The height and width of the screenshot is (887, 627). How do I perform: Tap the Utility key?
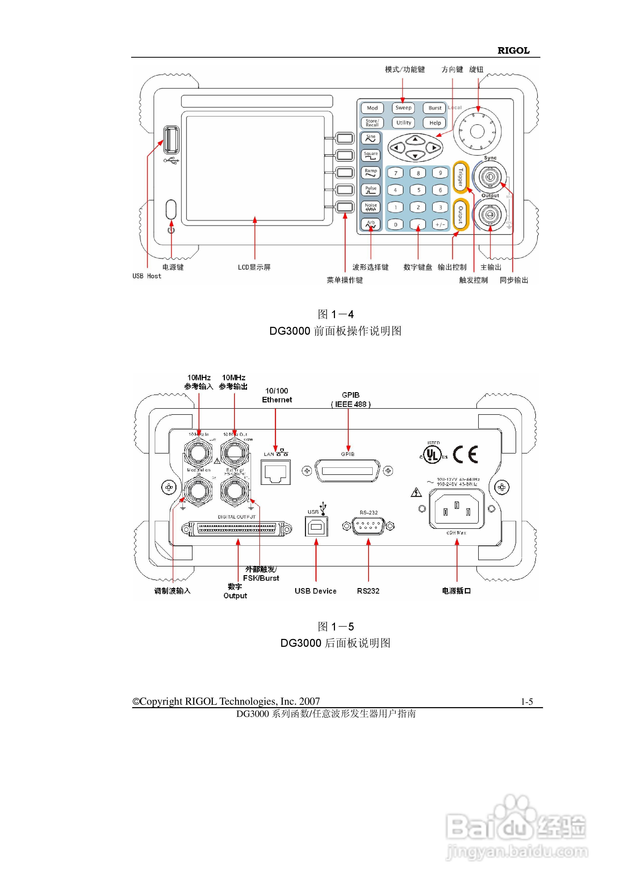pyautogui.click(x=403, y=123)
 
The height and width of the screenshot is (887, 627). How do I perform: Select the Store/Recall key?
pyautogui.click(x=372, y=123)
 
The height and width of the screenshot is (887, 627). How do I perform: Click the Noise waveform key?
pyautogui.click(x=371, y=207)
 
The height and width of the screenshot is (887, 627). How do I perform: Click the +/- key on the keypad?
pyautogui.click(x=440, y=224)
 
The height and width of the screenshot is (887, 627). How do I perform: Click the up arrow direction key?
pyautogui.click(x=415, y=140)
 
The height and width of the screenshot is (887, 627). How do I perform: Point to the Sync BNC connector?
pyautogui.click(x=490, y=177)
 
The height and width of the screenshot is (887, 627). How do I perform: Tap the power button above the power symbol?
pyautogui.click(x=171, y=209)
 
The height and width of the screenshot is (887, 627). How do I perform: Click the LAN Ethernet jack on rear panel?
pyautogui.click(x=276, y=472)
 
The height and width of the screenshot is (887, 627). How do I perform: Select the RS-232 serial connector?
pyautogui.click(x=368, y=526)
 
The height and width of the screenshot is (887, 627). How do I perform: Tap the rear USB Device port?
pyautogui.click(x=316, y=526)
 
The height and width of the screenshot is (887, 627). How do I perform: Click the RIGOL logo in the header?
pyautogui.click(x=513, y=51)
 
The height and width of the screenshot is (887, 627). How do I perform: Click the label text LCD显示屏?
pyautogui.click(x=254, y=267)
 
